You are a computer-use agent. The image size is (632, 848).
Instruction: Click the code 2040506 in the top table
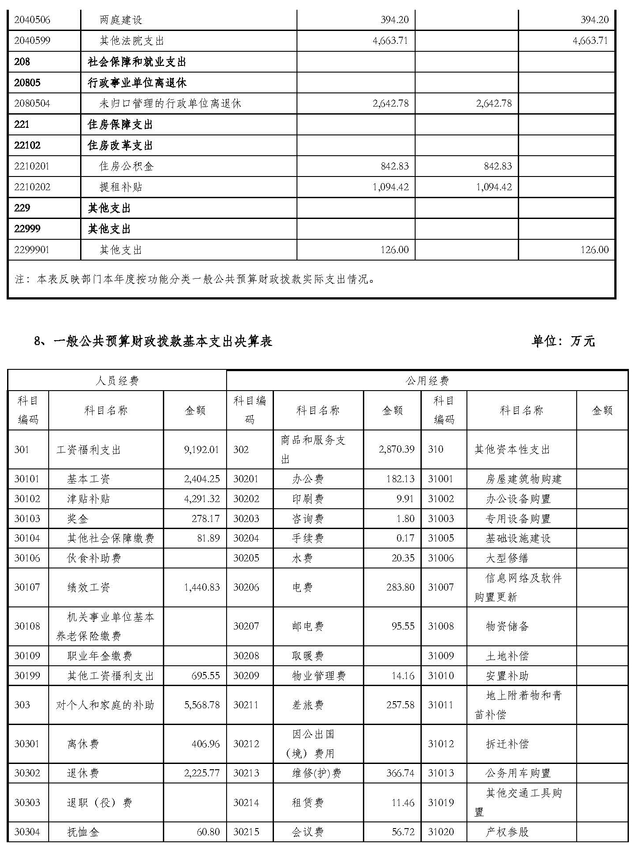point(32,20)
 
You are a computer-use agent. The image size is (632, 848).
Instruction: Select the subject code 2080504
point(32,104)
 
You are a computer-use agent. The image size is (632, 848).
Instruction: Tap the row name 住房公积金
point(126,166)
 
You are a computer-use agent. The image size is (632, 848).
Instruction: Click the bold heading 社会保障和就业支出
point(137,62)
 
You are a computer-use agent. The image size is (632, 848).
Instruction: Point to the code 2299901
point(32,250)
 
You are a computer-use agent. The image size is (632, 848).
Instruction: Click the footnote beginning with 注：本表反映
point(195,279)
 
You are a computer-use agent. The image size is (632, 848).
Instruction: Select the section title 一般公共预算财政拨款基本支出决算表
point(162,342)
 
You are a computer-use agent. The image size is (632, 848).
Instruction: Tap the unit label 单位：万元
point(563,342)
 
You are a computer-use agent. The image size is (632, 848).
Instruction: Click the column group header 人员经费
point(117,381)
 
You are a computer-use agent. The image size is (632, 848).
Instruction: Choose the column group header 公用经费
point(427,381)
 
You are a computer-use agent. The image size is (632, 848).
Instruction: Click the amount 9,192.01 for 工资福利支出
point(202,450)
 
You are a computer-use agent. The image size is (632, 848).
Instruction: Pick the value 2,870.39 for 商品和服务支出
point(397,449)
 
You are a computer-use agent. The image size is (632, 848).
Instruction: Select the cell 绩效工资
point(89,587)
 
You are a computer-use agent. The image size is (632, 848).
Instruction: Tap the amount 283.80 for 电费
point(400,587)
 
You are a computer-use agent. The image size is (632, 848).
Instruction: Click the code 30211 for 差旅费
point(246,705)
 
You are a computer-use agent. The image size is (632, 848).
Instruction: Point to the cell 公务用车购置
point(518,773)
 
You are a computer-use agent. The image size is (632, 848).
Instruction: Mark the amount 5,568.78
point(202,705)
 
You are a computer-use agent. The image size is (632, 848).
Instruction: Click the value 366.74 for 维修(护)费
point(400,773)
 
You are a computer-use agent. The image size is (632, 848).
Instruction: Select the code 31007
point(441,587)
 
